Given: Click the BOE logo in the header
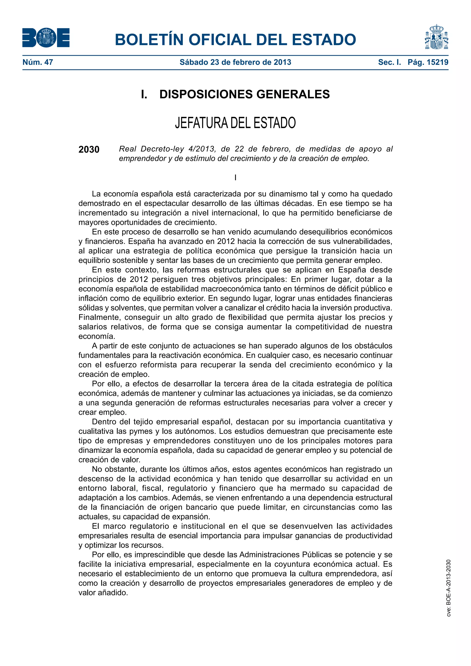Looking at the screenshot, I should click(46, 38).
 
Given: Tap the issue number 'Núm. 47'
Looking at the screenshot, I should click(38, 62).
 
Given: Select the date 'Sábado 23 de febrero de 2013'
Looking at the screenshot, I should click(235, 62).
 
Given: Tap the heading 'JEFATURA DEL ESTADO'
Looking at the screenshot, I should click(235, 123).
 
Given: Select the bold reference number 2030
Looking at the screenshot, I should click(89, 150).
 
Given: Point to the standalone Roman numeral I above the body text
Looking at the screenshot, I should click(235, 178).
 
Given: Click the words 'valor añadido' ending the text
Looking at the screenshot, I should click(103, 593).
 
